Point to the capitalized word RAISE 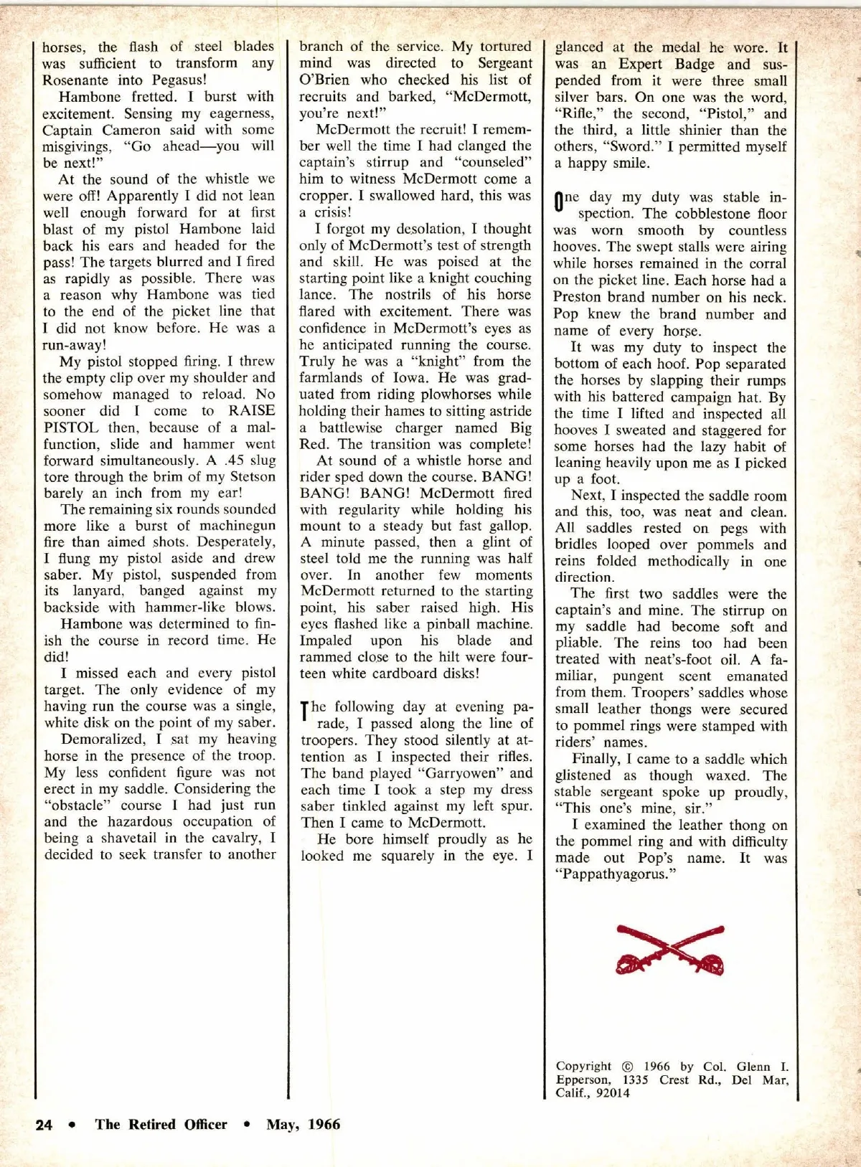pos(251,411)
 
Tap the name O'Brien pos(324,80)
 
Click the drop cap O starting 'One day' pos(560,202)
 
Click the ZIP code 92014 pos(611,1093)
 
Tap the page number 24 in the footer pos(44,1125)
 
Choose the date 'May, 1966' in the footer pos(303,1125)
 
